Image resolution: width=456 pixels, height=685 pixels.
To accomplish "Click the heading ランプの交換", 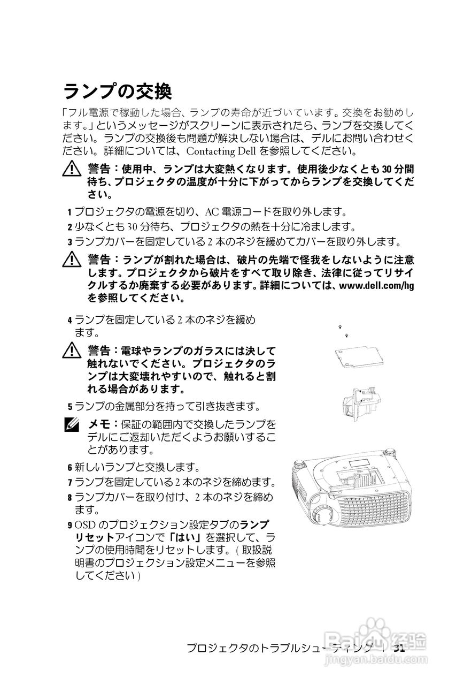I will pyautogui.click(x=118, y=92).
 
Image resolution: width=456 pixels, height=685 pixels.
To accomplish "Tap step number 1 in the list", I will pyautogui.click(x=69, y=212).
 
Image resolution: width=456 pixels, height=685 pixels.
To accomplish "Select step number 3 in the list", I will pyautogui.click(x=69, y=241).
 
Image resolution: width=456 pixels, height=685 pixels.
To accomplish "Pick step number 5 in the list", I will pyautogui.click(x=69, y=407).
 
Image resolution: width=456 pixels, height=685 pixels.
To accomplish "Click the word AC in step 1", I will pyautogui.click(x=212, y=211).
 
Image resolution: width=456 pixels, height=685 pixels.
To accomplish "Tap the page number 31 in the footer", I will pyautogui.click(x=399, y=648).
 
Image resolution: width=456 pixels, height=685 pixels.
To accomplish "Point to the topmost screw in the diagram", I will pyautogui.click(x=340, y=326).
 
